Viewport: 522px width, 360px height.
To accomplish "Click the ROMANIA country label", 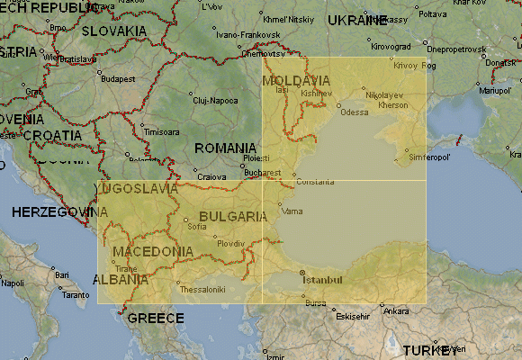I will [225, 148].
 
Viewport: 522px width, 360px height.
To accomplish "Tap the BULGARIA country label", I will [232, 217].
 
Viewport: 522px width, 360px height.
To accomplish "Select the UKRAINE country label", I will [357, 20].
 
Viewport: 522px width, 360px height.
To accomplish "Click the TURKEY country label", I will [430, 350].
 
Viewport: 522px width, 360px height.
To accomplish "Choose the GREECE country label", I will [155, 318].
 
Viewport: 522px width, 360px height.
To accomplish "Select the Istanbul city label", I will [322, 280].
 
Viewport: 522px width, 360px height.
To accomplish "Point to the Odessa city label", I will [355, 112].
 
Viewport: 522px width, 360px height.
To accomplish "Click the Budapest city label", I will [117, 78].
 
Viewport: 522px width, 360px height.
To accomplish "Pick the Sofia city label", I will [196, 227].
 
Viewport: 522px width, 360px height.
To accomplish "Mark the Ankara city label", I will [395, 311].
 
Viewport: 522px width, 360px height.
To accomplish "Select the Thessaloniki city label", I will [202, 289].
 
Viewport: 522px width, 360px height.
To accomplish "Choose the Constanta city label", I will [315, 182].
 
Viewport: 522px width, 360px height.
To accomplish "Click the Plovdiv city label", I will [230, 244].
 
